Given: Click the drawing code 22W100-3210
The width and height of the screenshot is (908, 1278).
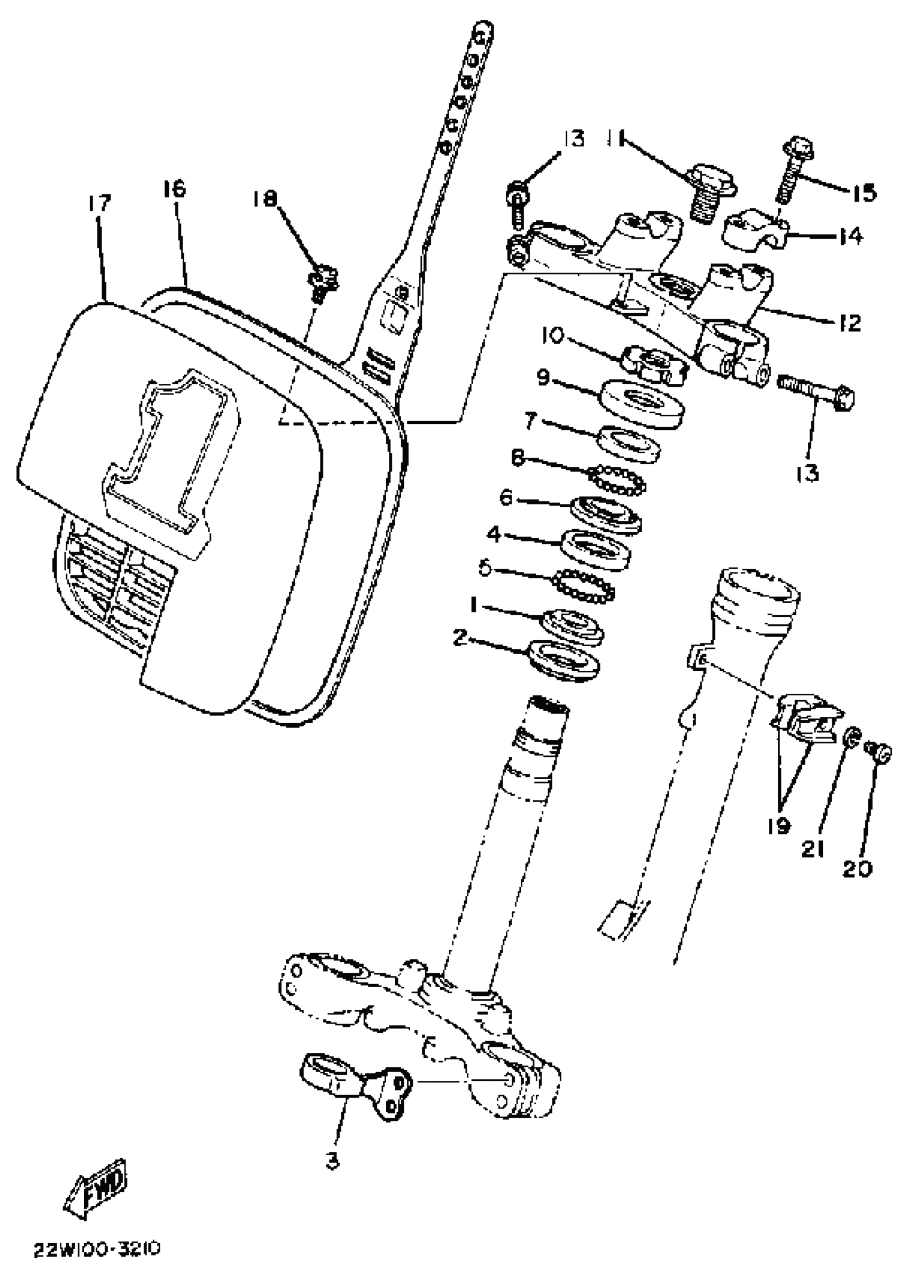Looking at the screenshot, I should pyautogui.click(x=98, y=1249).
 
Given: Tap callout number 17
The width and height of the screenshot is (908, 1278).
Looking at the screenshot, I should pyautogui.click(x=99, y=204).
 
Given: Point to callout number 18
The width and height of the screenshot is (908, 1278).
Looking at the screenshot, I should pyautogui.click(x=263, y=198).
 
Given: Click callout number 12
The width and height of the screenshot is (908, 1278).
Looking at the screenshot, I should pyautogui.click(x=850, y=323).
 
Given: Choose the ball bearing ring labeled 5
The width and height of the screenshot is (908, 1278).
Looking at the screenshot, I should pyautogui.click(x=584, y=586).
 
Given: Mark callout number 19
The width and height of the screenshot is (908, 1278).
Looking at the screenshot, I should pyautogui.click(x=779, y=825).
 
